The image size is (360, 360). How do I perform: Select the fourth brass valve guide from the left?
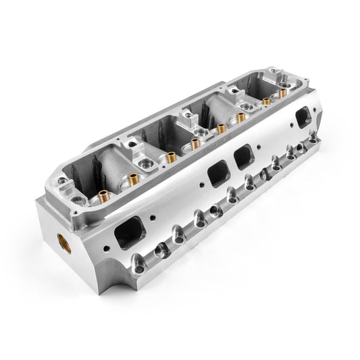(222, 128)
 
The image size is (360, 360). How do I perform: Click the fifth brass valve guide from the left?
(240, 118)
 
